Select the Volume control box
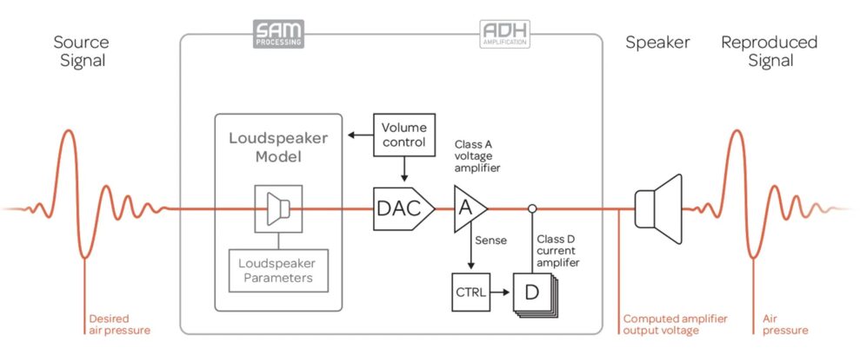404,135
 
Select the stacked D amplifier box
530,293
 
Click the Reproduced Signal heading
770,51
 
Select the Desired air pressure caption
120,324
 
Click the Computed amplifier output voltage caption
675,324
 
